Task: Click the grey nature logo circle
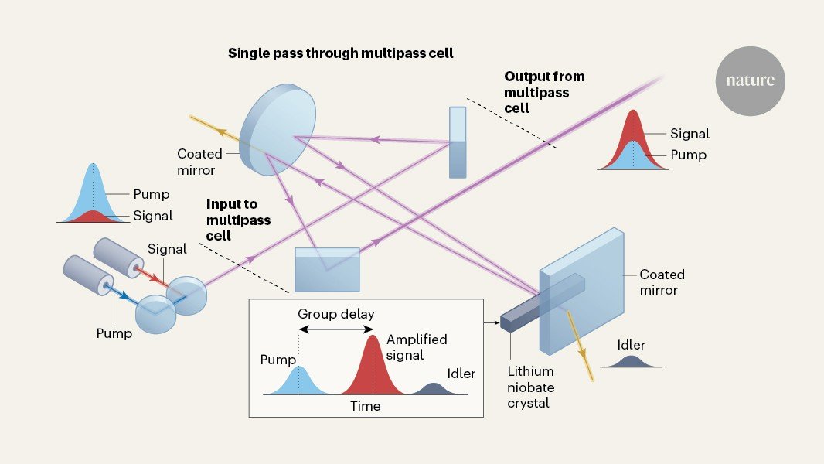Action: point(749,80)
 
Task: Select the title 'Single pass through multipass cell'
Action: point(340,53)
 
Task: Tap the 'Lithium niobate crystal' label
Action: point(531,387)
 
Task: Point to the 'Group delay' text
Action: point(336,315)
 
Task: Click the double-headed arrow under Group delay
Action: point(336,329)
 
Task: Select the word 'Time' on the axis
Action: point(365,406)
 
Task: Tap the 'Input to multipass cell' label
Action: point(238,220)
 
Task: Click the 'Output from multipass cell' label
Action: point(543,92)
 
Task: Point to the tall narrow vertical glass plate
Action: point(458,142)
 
